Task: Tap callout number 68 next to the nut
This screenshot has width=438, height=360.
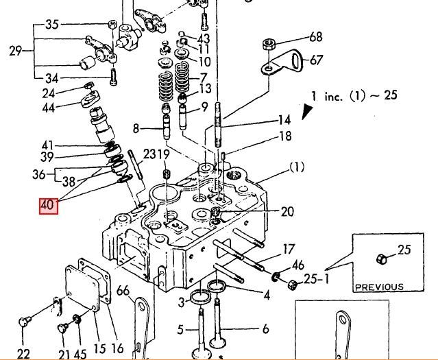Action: pyautogui.click(x=315, y=37)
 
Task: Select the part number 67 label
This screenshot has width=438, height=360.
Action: pyautogui.click(x=315, y=60)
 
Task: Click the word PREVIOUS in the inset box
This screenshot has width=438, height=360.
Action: pyautogui.click(x=379, y=287)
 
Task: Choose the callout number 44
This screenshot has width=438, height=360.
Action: pyautogui.click(x=47, y=108)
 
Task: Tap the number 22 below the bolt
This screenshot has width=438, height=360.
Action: pyautogui.click(x=23, y=353)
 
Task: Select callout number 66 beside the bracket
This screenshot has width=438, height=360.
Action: pyautogui.click(x=123, y=291)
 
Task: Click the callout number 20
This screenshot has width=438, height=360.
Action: pyautogui.click(x=287, y=211)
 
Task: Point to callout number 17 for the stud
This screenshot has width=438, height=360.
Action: pyautogui.click(x=289, y=248)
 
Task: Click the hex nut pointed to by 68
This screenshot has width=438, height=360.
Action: pyautogui.click(x=269, y=46)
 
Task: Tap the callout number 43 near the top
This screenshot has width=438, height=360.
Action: pyautogui.click(x=204, y=38)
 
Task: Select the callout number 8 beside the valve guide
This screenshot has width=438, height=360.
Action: pyautogui.click(x=136, y=128)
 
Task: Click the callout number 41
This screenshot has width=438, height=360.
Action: pyautogui.click(x=47, y=145)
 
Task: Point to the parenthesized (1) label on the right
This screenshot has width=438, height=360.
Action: pyautogui.click(x=296, y=167)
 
